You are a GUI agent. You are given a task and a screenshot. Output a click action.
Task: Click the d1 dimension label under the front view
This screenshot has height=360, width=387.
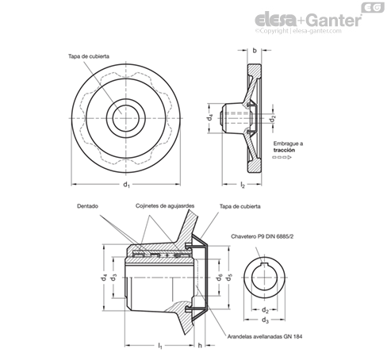pos(126,184)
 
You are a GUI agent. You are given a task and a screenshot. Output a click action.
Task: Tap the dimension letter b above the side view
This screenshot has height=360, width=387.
pos(255,50)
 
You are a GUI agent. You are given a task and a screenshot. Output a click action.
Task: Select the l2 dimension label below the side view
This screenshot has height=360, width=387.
pos(243,185)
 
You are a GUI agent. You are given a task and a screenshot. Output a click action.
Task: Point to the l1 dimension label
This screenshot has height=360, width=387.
pos(160,346)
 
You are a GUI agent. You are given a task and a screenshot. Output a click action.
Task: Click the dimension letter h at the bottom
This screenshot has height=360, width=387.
pos(200,345)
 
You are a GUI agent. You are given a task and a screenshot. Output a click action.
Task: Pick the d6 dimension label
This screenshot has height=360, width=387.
pos(219,278)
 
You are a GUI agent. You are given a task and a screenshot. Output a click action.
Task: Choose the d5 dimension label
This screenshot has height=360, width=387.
pos(228,278)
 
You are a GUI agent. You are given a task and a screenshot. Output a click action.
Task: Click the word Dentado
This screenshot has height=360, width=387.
pos(87,206)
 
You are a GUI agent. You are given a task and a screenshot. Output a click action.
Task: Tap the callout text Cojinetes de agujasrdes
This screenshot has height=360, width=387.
pos(165,206)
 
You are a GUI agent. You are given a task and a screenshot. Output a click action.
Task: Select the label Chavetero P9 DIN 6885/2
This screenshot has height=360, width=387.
pos(262,236)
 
